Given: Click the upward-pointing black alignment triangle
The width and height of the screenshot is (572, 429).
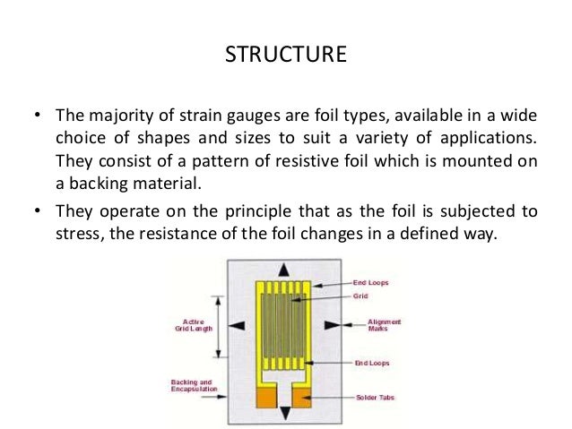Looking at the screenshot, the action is [x=285, y=269].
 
